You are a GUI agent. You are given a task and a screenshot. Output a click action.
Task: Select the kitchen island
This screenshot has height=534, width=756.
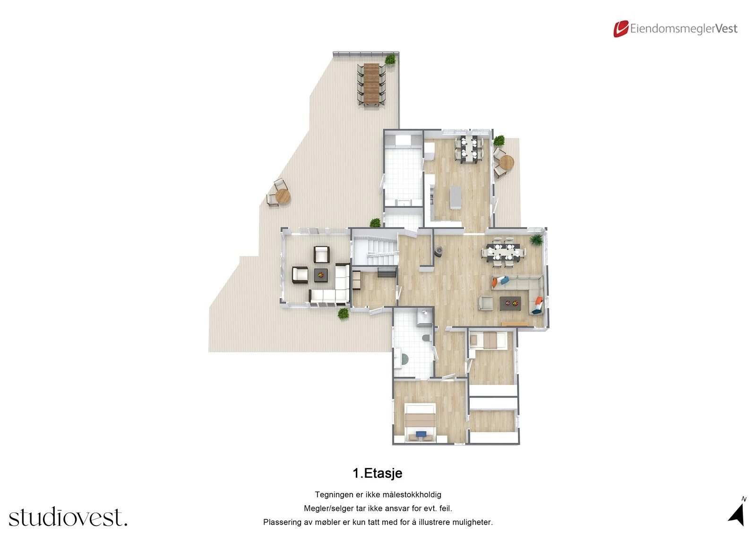pos(455,197)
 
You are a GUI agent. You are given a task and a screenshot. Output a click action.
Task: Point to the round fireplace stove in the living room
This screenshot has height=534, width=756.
pos(439,251)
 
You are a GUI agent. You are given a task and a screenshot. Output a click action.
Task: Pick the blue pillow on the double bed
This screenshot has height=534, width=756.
pos(421,433)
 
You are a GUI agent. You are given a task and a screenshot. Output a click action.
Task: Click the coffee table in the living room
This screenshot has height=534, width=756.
pos(510,303)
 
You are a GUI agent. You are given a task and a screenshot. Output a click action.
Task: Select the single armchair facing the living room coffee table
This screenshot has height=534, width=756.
pos(485,303)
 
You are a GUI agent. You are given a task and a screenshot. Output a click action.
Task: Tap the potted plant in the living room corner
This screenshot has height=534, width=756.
pos(536,240)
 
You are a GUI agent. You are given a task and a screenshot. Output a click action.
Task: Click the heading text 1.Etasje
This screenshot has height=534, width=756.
pos(378,473)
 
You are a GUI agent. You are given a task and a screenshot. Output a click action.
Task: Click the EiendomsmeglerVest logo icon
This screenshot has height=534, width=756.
pos(620,29)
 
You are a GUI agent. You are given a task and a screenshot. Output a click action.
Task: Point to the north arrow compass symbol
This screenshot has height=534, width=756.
pos(737,514)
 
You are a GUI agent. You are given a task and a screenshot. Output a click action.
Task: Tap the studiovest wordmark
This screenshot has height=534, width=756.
pos(68,518)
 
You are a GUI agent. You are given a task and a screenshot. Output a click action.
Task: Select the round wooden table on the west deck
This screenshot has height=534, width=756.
pos(283,196)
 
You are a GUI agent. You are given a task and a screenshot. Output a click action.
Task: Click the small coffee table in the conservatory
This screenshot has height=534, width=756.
pos(321,274)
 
